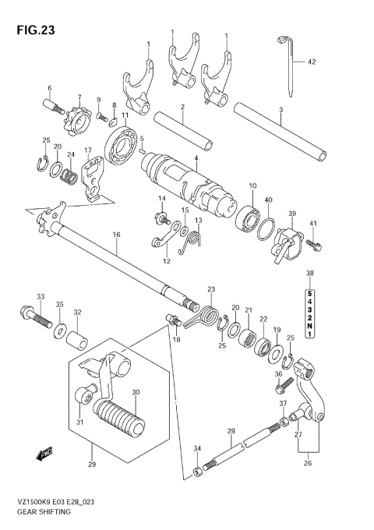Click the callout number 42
(311, 61)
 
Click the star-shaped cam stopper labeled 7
(77, 122)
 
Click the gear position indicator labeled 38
(309, 310)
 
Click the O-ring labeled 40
(265, 229)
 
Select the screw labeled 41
(313, 245)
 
